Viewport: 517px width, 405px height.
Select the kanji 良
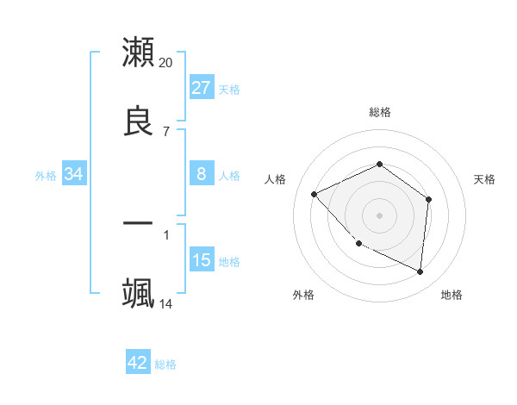coord(139,121)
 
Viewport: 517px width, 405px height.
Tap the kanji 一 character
coord(139,223)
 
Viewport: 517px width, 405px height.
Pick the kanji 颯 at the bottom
coord(139,293)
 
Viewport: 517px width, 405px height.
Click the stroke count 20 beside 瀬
coord(166,62)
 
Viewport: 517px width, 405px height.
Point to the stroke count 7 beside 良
coord(166,131)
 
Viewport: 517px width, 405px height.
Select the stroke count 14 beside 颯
coord(166,303)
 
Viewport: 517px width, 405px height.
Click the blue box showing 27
coord(201,88)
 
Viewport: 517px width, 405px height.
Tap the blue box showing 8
coord(201,174)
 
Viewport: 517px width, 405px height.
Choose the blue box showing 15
coord(201,260)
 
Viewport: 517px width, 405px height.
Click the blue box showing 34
coord(74,174)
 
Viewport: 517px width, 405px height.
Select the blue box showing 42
coord(138,363)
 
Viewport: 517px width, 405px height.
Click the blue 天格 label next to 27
coord(229,89)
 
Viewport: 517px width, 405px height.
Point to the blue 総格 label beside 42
coord(165,364)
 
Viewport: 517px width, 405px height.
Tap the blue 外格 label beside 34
coord(46,175)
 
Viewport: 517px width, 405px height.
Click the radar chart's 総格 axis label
coord(380,112)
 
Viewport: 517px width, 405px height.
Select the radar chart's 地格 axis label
coord(452,295)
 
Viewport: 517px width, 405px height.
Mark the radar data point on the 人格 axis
coord(315,194)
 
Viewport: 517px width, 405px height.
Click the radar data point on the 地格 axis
coord(420,271)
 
